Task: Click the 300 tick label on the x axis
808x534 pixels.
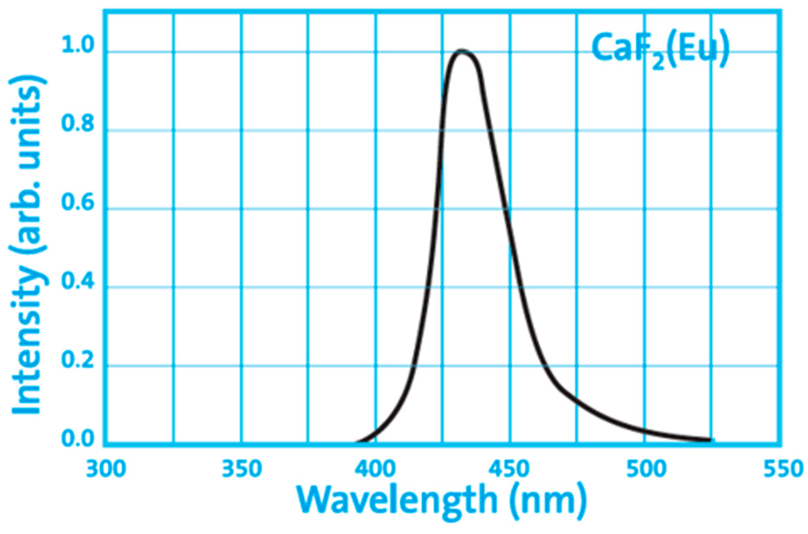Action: click(106, 469)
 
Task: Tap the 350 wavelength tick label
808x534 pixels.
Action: click(241, 469)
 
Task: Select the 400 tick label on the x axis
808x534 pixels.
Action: click(376, 469)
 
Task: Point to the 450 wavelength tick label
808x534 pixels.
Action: click(510, 469)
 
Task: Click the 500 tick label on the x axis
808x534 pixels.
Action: click(646, 469)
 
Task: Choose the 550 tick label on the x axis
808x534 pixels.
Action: click(783, 469)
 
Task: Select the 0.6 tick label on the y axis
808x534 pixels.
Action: click(78, 202)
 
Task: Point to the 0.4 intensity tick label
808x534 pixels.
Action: click(78, 281)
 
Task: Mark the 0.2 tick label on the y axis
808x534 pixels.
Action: click(78, 360)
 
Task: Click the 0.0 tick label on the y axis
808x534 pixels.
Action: click(78, 439)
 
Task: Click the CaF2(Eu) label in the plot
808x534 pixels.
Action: click(660, 49)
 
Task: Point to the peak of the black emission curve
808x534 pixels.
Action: click(461, 51)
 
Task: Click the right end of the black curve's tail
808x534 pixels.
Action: click(710, 440)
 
